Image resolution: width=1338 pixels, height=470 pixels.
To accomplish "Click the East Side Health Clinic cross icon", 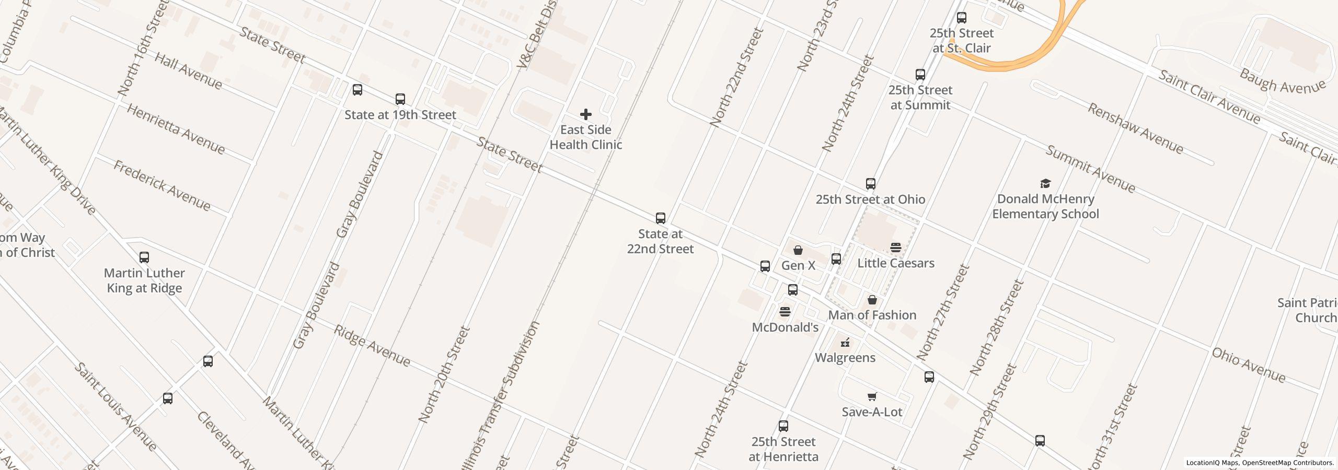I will coord(585,114).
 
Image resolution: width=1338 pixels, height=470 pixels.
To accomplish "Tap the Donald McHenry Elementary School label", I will coord(1045,206).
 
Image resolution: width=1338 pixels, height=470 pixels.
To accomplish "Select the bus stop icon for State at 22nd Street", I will coord(660,218).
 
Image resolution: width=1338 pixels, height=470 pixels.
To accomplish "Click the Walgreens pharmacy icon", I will coord(845,343).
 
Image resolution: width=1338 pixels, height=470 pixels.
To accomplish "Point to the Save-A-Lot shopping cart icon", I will coord(871,397).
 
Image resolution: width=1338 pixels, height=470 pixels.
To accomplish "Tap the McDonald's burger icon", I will coord(785,312).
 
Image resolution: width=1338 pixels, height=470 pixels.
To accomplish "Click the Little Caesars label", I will coord(895,263).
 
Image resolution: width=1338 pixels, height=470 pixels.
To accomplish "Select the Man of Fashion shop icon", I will coord(872,300).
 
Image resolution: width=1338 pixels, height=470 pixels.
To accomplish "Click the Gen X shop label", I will coord(798,265).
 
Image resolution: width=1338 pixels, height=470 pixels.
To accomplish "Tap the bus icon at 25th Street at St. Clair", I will coord(961,18).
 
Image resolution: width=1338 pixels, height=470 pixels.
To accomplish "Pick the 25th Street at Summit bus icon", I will coord(920,75).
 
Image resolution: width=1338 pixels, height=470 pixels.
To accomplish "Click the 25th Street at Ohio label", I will coord(870,199).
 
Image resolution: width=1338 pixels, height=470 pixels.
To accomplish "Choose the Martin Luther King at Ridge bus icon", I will coord(144,257).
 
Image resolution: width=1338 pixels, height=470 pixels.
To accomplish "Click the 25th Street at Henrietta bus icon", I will coord(783,426).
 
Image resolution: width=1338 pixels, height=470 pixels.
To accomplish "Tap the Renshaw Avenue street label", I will coord(1135,128).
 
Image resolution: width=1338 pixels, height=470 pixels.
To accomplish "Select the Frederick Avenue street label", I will coord(162,186).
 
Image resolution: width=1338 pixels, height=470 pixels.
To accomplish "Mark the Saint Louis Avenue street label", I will coord(115,406).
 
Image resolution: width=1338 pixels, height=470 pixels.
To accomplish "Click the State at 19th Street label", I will coord(400,115).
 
